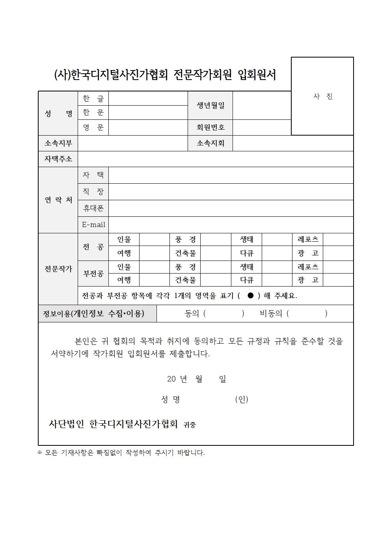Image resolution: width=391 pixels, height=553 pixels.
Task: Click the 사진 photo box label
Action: click(x=323, y=97)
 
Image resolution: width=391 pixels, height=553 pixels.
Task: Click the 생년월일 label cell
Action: click(x=210, y=105)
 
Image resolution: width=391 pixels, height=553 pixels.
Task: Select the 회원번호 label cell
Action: click(x=210, y=127)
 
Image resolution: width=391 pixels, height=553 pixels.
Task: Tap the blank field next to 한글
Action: click(x=148, y=99)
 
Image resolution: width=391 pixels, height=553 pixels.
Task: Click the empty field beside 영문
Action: click(x=148, y=127)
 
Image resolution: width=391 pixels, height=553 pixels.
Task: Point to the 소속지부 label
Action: click(x=58, y=143)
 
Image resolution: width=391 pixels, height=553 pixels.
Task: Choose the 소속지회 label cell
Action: click(x=210, y=143)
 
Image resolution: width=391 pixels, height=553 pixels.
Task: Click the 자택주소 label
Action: click(x=58, y=159)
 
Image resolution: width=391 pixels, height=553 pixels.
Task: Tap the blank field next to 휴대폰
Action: click(x=231, y=208)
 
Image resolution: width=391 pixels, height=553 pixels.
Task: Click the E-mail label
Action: click(x=93, y=225)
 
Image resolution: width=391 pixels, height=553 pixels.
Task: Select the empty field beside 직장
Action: click(x=231, y=192)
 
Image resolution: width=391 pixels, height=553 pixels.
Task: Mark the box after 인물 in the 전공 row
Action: click(x=155, y=239)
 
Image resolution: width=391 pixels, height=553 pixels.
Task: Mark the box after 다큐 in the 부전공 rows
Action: click(x=277, y=280)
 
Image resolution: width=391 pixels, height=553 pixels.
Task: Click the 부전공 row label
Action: click(x=93, y=274)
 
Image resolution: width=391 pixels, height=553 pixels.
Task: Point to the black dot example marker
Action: click(x=250, y=296)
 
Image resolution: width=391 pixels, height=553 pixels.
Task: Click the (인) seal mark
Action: click(x=242, y=399)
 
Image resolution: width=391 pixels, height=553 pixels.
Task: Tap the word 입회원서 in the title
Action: click(x=257, y=75)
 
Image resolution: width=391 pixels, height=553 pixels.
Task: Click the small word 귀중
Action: click(x=190, y=425)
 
